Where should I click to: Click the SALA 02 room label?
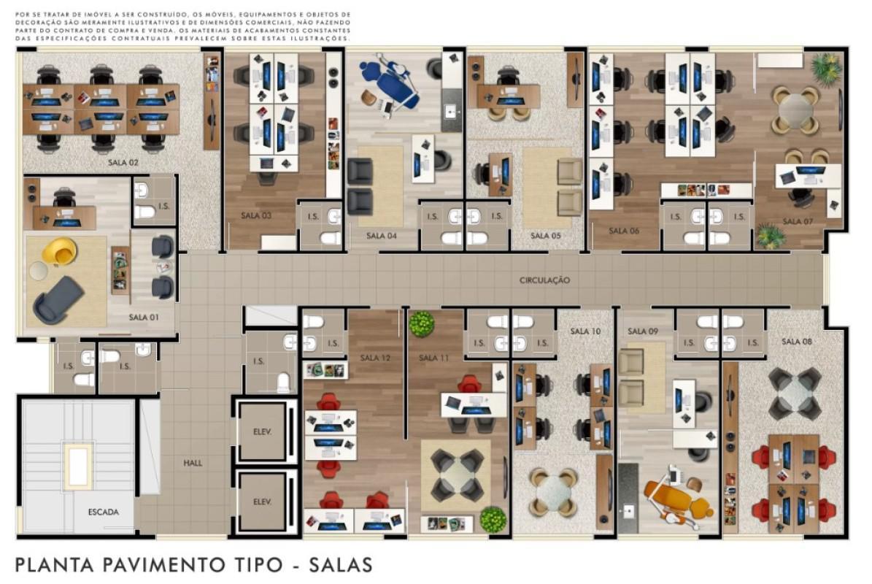123,162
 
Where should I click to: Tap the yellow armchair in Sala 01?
59,252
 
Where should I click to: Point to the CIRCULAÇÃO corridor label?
544,280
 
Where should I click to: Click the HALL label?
193,463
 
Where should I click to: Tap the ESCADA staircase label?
104,512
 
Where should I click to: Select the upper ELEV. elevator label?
262,431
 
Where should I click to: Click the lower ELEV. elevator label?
262,502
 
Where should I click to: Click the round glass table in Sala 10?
554,492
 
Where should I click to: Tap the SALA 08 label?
796,342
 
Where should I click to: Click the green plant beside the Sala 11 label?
422,323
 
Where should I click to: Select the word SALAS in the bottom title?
340,565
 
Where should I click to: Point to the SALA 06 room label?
623,231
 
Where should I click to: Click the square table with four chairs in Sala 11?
457,475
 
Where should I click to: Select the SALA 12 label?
375,358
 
